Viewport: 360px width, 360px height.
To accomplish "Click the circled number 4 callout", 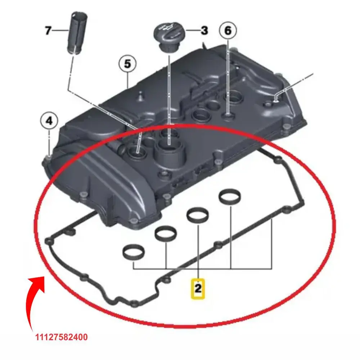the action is pos(49,121).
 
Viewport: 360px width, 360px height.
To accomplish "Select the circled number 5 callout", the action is pos(127,64).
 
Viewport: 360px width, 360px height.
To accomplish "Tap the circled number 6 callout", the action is pos(228,31).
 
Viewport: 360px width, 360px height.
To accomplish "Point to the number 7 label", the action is pos(48,30).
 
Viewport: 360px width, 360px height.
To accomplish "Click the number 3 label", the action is pos(204,31).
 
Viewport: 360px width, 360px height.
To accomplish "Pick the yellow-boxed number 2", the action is pos(198,289).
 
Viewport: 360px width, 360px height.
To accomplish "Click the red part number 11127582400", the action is pos(61,337).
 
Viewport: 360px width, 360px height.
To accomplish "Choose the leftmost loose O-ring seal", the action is pos(134,252).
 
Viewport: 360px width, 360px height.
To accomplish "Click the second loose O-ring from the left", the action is pos(166,233).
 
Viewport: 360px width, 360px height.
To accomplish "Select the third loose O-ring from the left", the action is pos(198,215).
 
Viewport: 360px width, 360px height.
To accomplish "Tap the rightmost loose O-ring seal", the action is pos(230,197).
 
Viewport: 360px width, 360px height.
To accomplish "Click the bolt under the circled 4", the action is pos(48,158).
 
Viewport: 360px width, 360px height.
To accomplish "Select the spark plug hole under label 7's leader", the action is pos(137,152).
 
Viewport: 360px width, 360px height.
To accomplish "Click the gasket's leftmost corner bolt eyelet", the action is pos(49,241).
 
